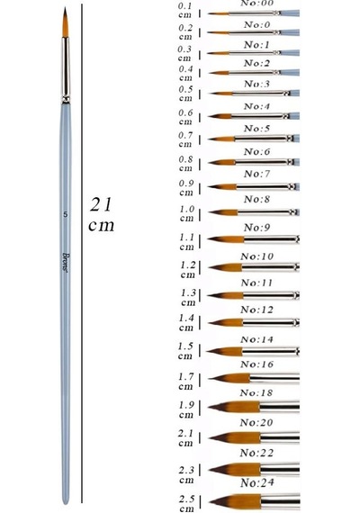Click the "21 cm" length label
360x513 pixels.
[x=102, y=214]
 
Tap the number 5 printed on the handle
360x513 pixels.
[x=66, y=214]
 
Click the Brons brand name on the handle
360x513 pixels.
[x=66, y=263]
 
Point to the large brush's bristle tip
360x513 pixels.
[x=65, y=8]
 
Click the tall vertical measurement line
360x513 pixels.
[x=82, y=254]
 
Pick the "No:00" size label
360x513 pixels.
[x=256, y=4]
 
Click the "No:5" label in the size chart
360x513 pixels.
[x=256, y=129]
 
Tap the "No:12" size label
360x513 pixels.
[x=256, y=310]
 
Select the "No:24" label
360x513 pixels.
[x=256, y=483]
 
